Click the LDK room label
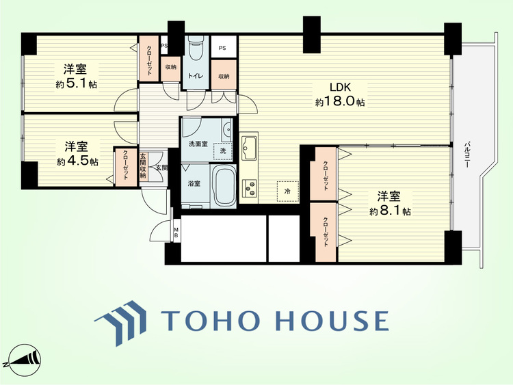point(340,87)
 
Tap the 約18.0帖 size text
point(340,102)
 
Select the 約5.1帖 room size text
point(76,83)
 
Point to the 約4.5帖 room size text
point(77,161)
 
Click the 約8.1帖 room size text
point(390,211)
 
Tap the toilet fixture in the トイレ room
point(196,50)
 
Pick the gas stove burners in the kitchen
point(250,189)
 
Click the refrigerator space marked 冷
point(287,191)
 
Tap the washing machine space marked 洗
point(223,151)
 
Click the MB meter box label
point(176,233)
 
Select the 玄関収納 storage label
point(143,166)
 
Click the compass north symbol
point(23,360)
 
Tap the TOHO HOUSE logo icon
point(120,322)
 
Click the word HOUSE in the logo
point(332,321)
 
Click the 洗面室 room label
point(198,144)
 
